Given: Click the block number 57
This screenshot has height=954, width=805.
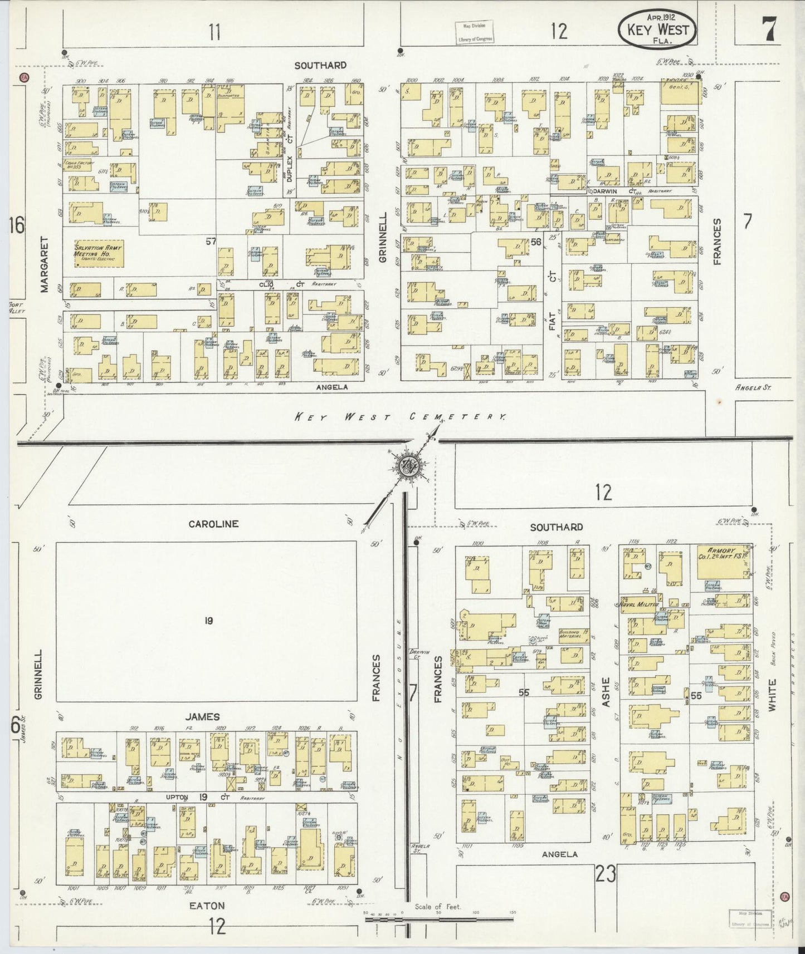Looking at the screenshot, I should [x=211, y=241].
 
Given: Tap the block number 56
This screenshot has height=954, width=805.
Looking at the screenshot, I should [x=536, y=242].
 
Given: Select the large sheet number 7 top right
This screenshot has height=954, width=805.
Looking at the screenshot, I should [x=769, y=29].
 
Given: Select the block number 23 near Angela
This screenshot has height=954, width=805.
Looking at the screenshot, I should [x=605, y=874].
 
